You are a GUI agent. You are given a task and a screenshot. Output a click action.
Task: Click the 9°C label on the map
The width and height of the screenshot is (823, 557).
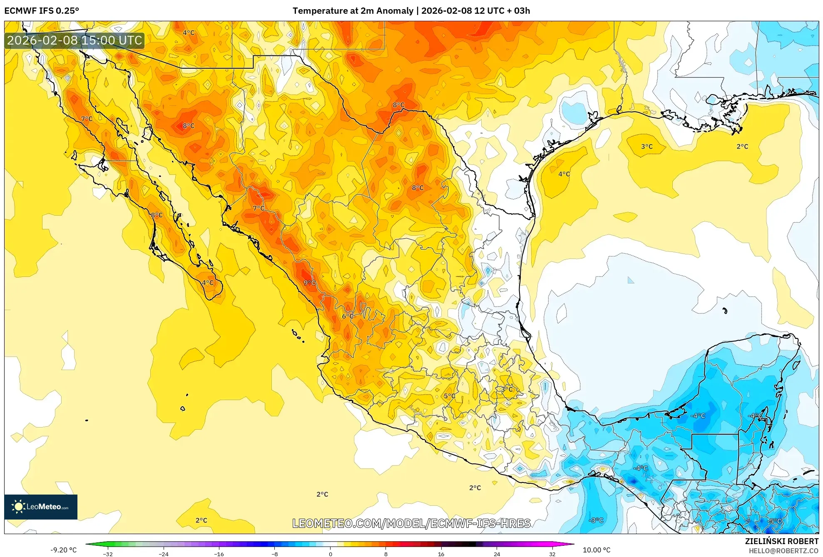tap(309, 283)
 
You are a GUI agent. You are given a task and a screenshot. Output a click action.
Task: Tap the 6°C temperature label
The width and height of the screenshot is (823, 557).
tap(348, 316)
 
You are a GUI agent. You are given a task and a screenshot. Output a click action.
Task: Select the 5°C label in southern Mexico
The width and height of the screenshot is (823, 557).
tap(449, 396)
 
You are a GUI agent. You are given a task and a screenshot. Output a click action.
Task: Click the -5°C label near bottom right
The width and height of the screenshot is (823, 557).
tap(775, 521)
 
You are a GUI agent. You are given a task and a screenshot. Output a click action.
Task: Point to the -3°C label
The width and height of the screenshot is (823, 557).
tap(596, 520)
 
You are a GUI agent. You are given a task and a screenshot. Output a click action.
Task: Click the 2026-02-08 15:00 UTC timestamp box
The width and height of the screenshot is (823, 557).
tap(75, 40)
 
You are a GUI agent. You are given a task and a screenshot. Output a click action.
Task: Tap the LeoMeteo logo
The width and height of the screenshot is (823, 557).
tap(41, 507)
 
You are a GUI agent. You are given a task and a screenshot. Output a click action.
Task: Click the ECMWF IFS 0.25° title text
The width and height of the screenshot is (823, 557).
tap(42, 11)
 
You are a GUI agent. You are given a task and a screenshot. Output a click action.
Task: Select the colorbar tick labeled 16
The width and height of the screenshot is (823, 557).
tap(441, 554)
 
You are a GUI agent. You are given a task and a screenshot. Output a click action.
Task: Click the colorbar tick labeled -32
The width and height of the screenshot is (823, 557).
tap(108, 554)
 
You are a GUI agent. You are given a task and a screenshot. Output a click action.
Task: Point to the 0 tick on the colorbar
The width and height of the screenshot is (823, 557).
tap(331, 554)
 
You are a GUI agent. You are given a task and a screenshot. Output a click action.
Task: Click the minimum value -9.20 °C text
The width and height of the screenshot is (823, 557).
tap(64, 550)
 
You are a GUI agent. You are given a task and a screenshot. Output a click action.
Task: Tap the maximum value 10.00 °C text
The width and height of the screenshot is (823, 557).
tap(596, 550)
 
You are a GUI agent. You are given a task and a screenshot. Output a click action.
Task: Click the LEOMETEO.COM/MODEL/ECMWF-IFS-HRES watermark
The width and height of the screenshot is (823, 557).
tap(411, 523)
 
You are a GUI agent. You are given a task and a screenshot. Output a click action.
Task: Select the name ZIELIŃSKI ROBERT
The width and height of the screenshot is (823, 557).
tap(781, 541)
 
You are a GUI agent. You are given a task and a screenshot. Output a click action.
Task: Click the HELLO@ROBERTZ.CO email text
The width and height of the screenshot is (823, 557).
tap(783, 551)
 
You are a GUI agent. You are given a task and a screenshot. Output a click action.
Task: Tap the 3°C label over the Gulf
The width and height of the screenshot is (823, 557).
tap(646, 147)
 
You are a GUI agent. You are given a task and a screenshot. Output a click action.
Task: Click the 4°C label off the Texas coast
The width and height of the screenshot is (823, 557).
tap(564, 174)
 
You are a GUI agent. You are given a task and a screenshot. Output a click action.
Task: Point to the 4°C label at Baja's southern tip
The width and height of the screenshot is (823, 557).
tap(208, 283)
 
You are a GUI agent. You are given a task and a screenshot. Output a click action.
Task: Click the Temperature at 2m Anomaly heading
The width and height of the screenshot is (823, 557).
tap(411, 11)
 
